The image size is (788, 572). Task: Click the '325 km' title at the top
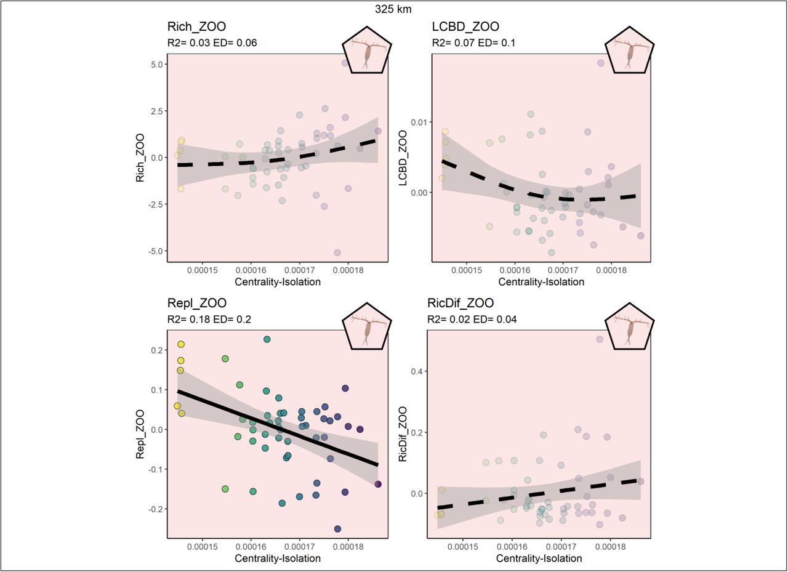[x=393, y=9]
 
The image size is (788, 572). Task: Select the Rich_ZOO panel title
[x=196, y=26]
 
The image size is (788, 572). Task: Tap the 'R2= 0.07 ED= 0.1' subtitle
[x=473, y=43]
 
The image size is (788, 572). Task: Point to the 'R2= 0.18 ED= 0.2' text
[x=209, y=320]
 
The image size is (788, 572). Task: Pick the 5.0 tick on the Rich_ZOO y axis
[x=157, y=65]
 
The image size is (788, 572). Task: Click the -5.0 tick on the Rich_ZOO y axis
[x=156, y=251]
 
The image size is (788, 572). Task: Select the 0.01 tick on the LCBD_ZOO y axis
[x=419, y=123]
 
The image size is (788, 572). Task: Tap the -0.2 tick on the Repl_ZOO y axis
[x=156, y=509]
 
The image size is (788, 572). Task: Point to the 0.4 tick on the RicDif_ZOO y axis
[x=417, y=371]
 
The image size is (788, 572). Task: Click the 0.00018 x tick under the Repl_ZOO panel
[x=348, y=547]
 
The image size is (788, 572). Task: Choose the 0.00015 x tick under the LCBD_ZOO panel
[x=467, y=270]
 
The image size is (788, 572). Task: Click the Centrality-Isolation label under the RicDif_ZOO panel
[x=539, y=558]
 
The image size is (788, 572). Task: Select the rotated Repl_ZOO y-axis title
[x=140, y=434]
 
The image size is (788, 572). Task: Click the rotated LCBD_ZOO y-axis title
[x=403, y=158]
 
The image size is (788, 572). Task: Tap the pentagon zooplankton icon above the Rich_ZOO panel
[x=367, y=50]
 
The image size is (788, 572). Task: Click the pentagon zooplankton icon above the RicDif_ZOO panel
[x=629, y=326]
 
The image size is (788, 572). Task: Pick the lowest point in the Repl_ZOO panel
[x=337, y=529]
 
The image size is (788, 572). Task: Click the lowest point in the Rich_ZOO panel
[x=337, y=252]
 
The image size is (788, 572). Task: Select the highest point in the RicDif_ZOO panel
[x=600, y=339]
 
